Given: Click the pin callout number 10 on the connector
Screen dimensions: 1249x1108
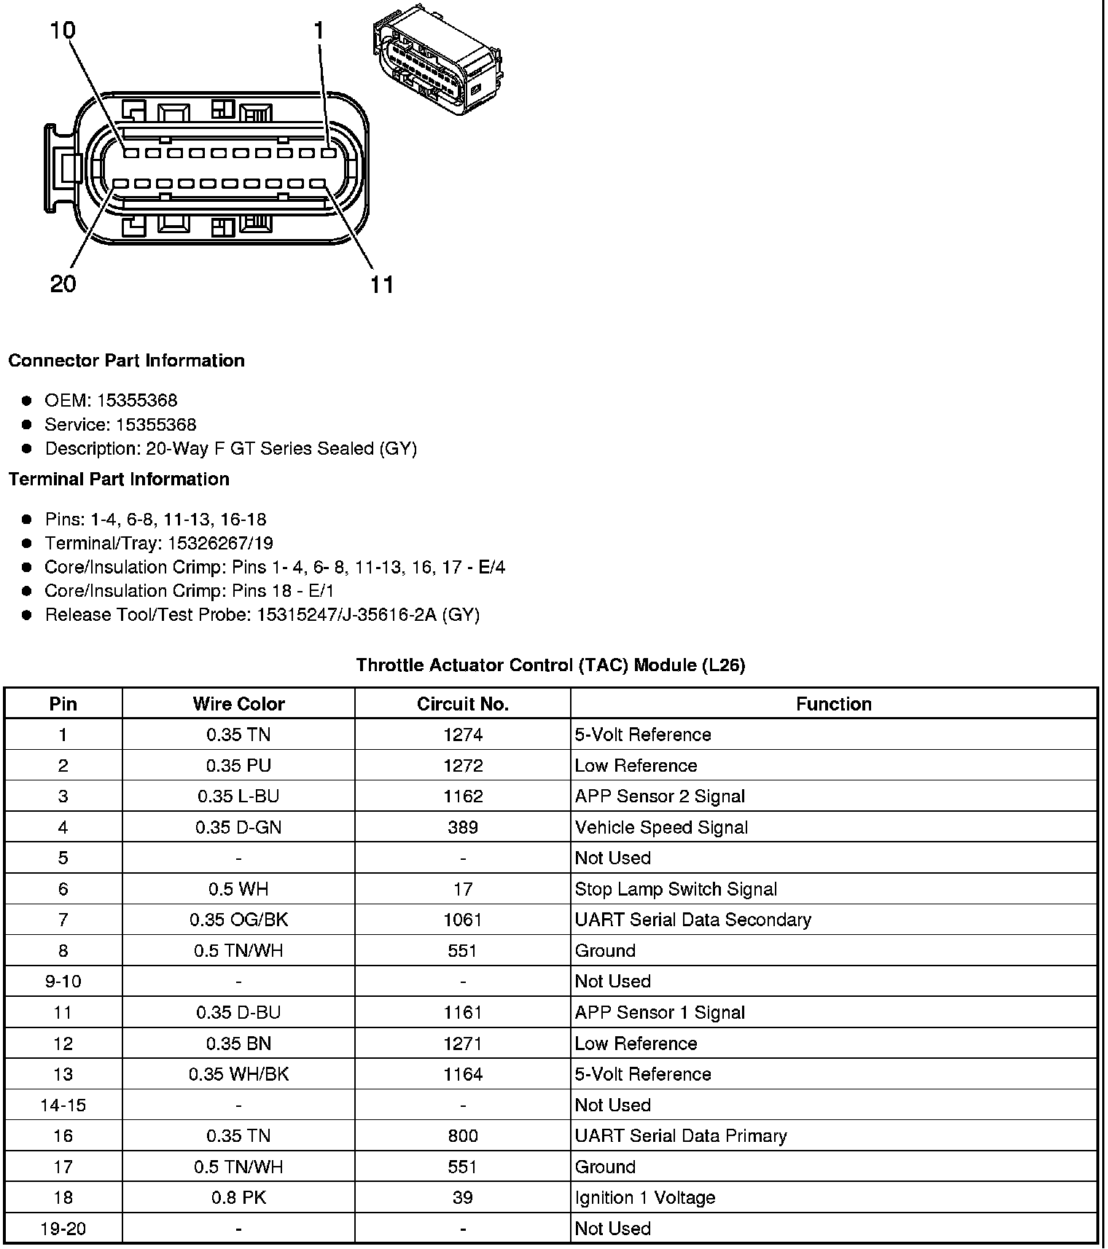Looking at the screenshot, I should coord(63,31).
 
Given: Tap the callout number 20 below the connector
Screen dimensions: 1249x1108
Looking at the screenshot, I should coord(63,283).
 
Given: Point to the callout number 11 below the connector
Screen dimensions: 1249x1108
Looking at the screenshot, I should coord(382,284).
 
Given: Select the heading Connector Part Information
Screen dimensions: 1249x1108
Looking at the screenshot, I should coord(127,361).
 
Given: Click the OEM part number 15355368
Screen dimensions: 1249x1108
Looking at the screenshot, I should coord(137,400).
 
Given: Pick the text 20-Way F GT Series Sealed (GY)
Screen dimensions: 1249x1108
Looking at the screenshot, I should coord(281,448).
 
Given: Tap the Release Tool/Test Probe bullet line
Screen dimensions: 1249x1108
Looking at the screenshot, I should coord(262,614).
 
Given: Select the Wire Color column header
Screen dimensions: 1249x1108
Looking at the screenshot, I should coord(238,704).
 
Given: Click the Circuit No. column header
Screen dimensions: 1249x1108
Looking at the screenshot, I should coord(463,704).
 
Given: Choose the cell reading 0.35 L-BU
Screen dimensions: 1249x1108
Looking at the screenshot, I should coord(238,796).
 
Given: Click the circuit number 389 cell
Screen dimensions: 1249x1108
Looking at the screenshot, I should coord(463,827).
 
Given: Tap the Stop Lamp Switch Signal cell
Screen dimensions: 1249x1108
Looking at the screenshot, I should coord(676,889).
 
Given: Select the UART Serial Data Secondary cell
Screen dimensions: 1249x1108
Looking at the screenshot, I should coord(692,920).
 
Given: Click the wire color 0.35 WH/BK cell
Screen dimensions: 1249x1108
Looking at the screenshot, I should coord(238,1074).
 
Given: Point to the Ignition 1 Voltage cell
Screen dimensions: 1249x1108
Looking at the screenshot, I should coord(644,1197).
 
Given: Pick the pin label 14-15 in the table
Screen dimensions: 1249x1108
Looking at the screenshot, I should coord(63,1105).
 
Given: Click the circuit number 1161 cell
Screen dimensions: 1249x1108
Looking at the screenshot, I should coord(463,1012).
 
